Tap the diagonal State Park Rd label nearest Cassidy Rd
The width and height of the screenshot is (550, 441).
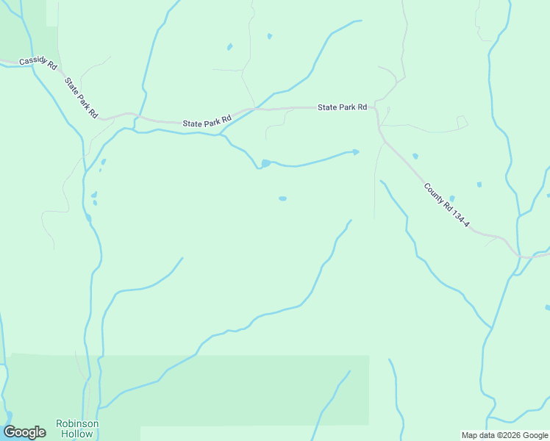[80, 97]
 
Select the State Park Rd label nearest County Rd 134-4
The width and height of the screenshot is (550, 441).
[342, 107]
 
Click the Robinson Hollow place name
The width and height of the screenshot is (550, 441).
[77, 429]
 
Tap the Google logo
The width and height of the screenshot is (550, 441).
[24, 432]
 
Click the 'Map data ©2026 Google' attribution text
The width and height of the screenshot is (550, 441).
[504, 435]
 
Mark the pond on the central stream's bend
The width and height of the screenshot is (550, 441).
[265, 163]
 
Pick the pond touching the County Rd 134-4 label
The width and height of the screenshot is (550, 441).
[451, 198]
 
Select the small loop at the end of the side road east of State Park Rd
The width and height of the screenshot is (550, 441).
[462, 121]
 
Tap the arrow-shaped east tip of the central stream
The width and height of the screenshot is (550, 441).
[356, 152]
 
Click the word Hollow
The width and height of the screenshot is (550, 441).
[77, 434]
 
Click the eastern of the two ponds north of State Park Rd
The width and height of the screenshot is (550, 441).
[270, 36]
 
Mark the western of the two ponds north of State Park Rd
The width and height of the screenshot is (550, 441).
[229, 47]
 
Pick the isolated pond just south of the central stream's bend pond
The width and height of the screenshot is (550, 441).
[282, 198]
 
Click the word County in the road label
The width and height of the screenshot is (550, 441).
[433, 194]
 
